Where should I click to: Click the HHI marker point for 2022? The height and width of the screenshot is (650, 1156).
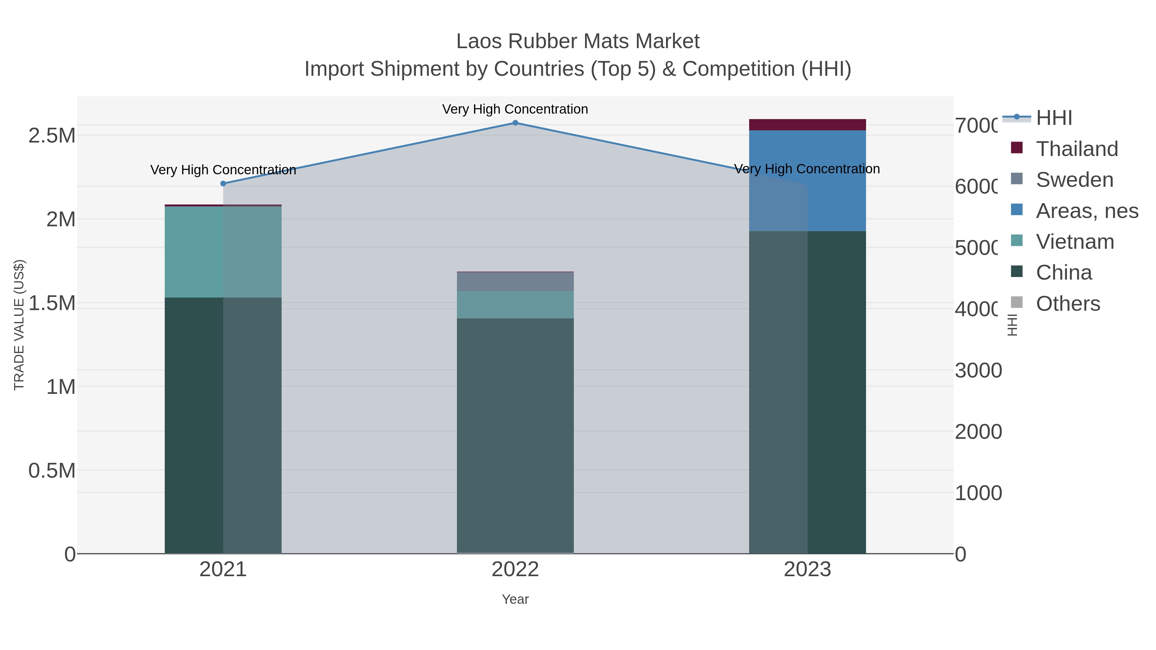(515, 123)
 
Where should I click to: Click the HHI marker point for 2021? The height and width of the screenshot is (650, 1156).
(223, 184)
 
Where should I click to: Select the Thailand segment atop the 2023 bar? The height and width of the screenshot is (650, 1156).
(807, 125)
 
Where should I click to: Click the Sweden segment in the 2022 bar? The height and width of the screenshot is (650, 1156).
(515, 282)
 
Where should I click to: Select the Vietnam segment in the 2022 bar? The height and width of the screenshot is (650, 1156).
(515, 305)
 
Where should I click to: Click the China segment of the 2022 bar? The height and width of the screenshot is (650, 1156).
(515, 435)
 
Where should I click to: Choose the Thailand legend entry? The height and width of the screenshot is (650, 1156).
(1077, 149)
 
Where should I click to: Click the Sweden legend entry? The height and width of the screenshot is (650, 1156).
(1074, 179)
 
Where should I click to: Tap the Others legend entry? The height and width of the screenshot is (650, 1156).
(1068, 304)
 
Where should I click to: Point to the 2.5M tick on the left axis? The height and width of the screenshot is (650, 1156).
(52, 135)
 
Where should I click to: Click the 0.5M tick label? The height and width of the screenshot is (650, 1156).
(52, 471)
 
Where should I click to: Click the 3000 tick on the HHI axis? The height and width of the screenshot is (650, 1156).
(978, 370)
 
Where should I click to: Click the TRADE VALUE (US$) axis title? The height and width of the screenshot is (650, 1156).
(19, 325)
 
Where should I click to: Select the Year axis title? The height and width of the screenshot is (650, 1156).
(515, 599)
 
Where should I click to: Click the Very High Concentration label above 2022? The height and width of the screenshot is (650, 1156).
(515, 109)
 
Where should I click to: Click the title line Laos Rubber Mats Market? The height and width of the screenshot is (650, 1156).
(578, 41)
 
